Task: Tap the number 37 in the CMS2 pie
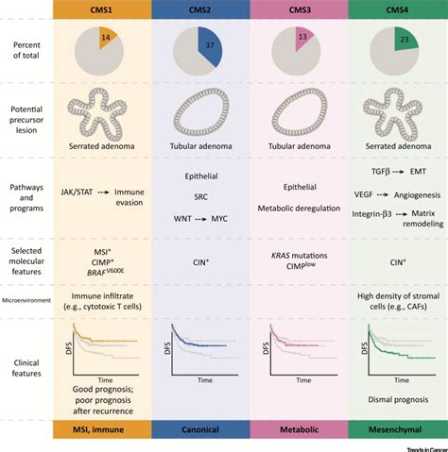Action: click(210, 46)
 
